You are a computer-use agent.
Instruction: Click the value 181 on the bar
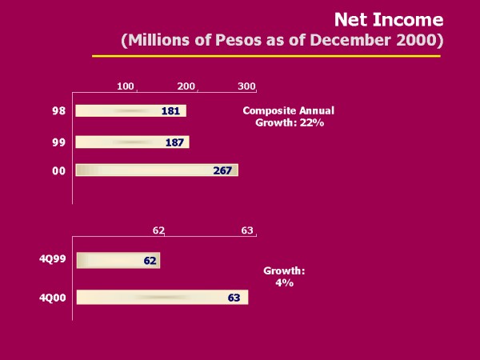[170, 111]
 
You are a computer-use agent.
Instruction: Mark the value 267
[223, 170]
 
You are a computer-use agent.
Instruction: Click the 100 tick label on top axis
[126, 86]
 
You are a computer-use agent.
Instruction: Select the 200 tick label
[186, 86]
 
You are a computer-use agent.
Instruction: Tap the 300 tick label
[246, 86]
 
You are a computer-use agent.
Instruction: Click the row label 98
[58, 111]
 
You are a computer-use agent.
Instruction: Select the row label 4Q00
[52, 298]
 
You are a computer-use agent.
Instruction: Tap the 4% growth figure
[285, 283]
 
